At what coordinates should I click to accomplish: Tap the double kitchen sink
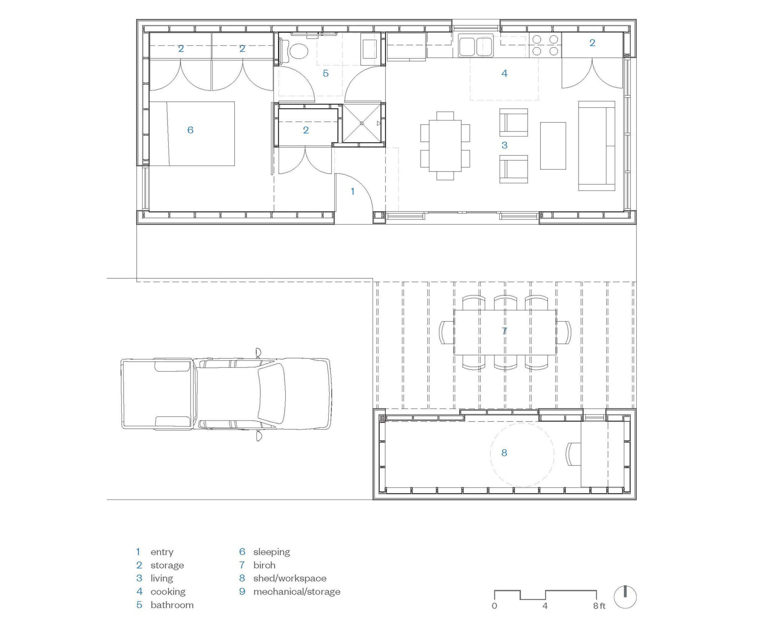(476, 46)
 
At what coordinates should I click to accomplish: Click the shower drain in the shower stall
(362, 123)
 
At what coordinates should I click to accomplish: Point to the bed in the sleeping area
(192, 133)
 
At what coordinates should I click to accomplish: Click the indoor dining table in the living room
(445, 146)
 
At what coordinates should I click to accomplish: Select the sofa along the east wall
(597, 146)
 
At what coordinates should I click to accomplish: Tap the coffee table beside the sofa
(553, 146)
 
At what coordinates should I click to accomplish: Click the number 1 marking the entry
(353, 191)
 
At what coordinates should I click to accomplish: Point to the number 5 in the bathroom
(325, 74)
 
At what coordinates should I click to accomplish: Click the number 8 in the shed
(504, 452)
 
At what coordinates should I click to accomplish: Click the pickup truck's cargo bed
(157, 393)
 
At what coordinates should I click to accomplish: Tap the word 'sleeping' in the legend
(272, 552)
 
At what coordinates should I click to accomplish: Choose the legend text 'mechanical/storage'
(297, 591)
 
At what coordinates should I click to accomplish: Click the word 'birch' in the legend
(264, 565)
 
